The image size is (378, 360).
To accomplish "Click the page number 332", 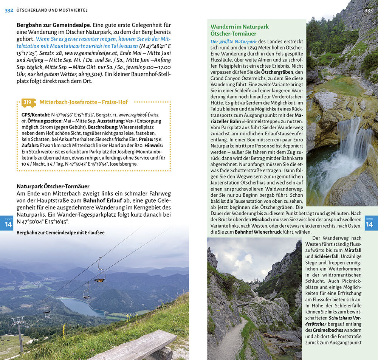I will point(9,10).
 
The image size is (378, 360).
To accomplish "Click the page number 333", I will point(369,10).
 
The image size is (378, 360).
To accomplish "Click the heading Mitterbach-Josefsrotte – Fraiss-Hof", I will point(84,102).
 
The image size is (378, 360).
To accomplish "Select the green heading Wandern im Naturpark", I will point(240,27).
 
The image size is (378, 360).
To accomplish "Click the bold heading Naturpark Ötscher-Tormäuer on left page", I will point(53,186).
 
